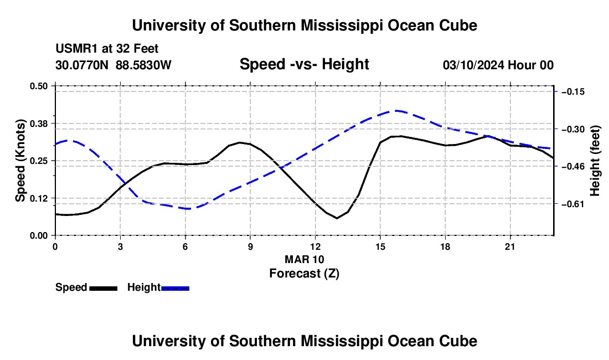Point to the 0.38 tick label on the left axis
pyautogui.click(x=38, y=124)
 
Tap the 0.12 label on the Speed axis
pyautogui.click(x=38, y=198)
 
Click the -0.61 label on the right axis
pyautogui.click(x=573, y=204)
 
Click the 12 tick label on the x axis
pyautogui.click(x=316, y=246)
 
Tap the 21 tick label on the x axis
pyautogui.click(x=510, y=246)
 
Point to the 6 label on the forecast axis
pyautogui.click(x=185, y=246)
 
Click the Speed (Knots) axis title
pyautogui.click(x=20, y=161)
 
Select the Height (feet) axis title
pyautogui.click(x=595, y=161)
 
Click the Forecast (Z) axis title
pyautogui.click(x=304, y=274)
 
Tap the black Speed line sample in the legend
pyautogui.click(x=104, y=288)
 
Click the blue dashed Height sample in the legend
pyautogui.click(x=175, y=288)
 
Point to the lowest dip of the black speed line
pyautogui.click(x=337, y=218)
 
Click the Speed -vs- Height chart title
pyautogui.click(x=304, y=64)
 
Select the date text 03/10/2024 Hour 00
pyautogui.click(x=498, y=65)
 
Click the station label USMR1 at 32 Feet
pyautogui.click(x=107, y=49)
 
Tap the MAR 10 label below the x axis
pyautogui.click(x=304, y=259)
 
